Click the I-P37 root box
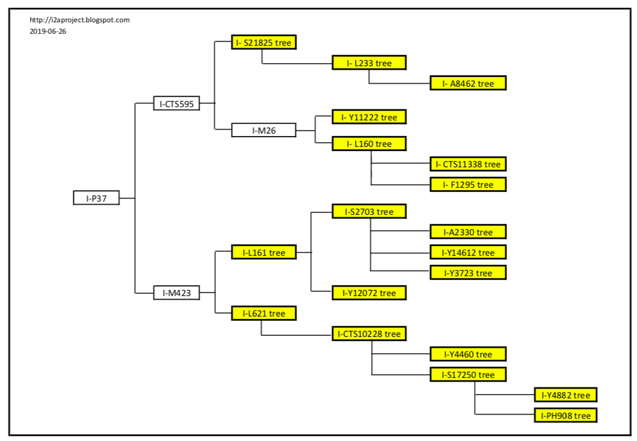click(x=96, y=198)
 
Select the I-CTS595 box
click(x=176, y=103)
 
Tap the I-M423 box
click(x=176, y=293)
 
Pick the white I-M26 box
click(x=264, y=130)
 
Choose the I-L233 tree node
click(x=369, y=63)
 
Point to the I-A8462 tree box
click(x=468, y=83)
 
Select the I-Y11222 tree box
click(x=369, y=117)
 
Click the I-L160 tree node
click(x=369, y=144)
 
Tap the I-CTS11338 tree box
click(x=468, y=164)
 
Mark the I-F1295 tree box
click(x=468, y=184)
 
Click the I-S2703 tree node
click(x=369, y=211)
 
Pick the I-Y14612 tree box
click(x=468, y=252)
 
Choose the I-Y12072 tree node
click(x=369, y=293)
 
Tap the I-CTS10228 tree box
click(x=369, y=333)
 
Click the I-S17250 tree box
click(x=468, y=374)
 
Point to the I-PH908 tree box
click(x=565, y=415)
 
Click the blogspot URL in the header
click(x=79, y=20)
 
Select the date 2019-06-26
click(x=48, y=31)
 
